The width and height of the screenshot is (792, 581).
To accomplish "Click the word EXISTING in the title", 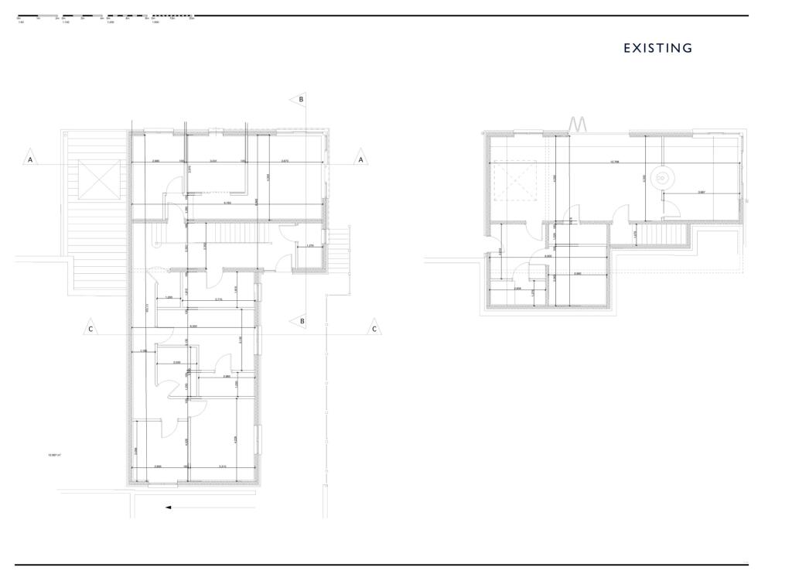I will point(658,48).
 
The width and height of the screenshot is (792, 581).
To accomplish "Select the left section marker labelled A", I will point(31,158).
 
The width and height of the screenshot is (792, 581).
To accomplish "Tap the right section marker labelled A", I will point(360,158).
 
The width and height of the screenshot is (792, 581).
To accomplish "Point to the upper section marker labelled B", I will point(300,99).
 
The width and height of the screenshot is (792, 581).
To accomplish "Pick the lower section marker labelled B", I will point(301,320).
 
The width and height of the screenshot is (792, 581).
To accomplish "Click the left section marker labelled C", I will point(91,328).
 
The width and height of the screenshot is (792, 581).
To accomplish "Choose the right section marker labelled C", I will point(375,328).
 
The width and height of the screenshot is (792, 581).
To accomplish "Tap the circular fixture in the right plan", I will point(662,177).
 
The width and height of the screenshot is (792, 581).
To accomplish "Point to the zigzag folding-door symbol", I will point(579,124).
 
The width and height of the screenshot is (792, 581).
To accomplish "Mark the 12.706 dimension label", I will point(615,162).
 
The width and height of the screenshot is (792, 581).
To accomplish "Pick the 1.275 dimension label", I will point(310,246).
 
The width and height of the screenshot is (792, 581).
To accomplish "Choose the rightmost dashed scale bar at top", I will point(173,16).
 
